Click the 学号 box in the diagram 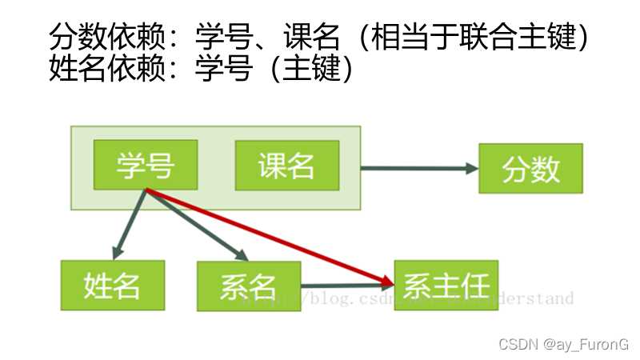pyautogui.click(x=145, y=166)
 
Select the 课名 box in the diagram pyautogui.click(x=286, y=166)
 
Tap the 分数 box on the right pyautogui.click(x=530, y=168)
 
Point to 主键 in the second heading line pyautogui.click(x=313, y=69)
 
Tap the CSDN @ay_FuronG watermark pyautogui.click(x=563, y=343)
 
